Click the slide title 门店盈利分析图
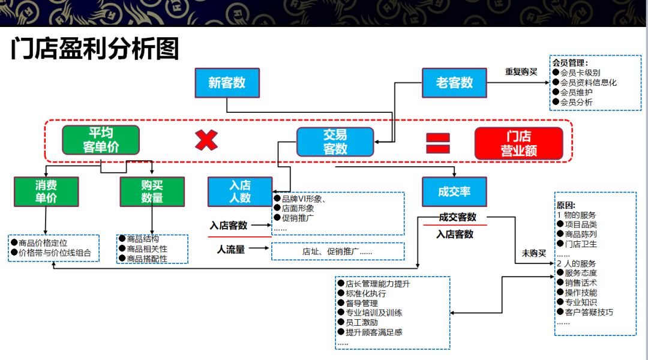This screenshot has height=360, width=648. tap(95, 49)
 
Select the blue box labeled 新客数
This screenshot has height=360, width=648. tap(227, 83)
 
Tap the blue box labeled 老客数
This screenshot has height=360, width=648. tap(454, 83)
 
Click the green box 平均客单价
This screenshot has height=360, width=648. tap(101, 140)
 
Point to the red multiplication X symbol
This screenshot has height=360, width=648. tap(206, 140)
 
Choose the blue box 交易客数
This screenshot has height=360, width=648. tap(335, 142)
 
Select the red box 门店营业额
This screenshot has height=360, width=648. tap(518, 143)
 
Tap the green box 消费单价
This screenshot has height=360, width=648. tap(46, 191)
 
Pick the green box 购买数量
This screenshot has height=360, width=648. tap(152, 191)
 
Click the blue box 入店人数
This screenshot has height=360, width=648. tap(240, 191)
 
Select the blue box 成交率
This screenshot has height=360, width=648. tap(454, 191)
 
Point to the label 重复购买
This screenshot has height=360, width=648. tap(521, 71)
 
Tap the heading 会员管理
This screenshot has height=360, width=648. tap(570, 63)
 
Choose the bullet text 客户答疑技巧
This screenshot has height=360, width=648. tap(589, 312)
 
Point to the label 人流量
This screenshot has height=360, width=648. tap(231, 250)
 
